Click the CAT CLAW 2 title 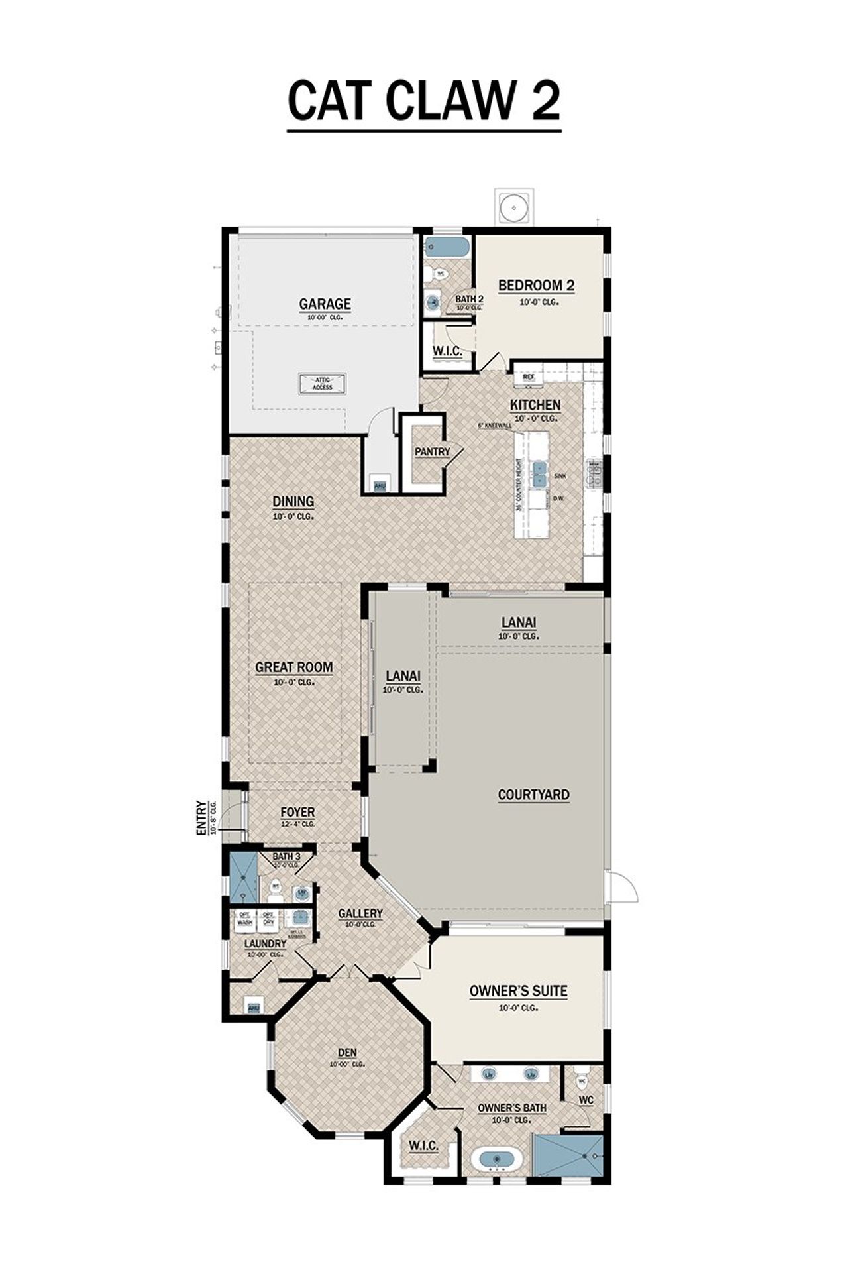click(424, 101)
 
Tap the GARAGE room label click(325, 304)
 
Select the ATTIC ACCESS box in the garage click(323, 383)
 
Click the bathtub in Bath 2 click(447, 247)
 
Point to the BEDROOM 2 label click(536, 286)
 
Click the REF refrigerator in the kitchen click(528, 376)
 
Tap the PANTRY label click(432, 452)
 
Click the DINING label click(293, 502)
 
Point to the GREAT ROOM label click(294, 667)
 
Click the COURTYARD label click(533, 795)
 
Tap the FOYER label click(297, 812)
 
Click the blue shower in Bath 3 click(242, 878)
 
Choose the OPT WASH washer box click(244, 919)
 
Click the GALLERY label click(360, 913)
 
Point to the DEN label click(347, 1052)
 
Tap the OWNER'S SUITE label click(518, 991)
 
